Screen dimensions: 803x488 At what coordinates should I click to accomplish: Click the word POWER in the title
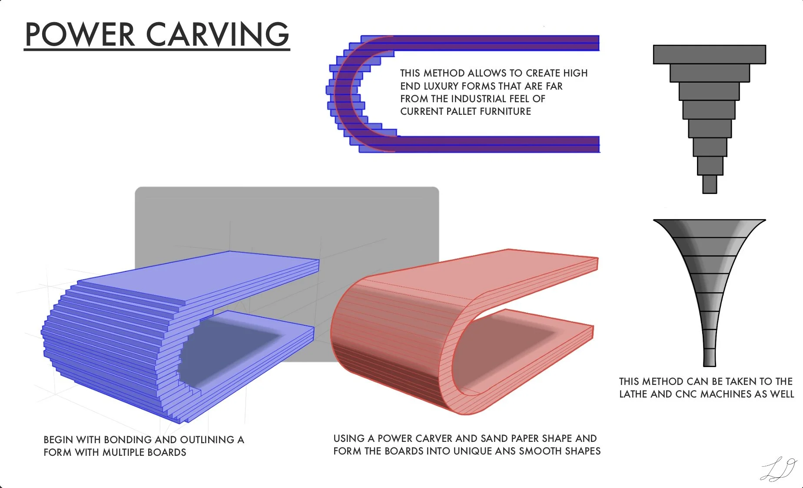point(80,34)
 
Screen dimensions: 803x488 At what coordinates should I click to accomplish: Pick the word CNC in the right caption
point(687,394)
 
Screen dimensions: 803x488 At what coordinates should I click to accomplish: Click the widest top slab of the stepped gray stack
point(709,54)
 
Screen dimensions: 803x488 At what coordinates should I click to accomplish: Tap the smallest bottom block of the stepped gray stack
point(709,184)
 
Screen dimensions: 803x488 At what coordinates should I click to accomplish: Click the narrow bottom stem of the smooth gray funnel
point(709,354)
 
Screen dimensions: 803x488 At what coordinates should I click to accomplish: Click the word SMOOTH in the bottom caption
point(541,451)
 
